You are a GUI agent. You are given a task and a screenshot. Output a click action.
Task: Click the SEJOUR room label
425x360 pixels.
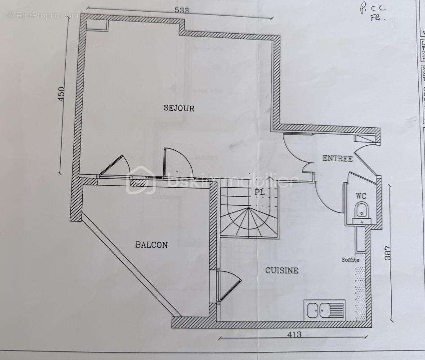[x=179, y=108]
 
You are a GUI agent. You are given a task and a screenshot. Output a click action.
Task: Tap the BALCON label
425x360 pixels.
[x=152, y=245]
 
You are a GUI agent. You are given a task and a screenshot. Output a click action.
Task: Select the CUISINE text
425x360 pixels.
[x=281, y=270]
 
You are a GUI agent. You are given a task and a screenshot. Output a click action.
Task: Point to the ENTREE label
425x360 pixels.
[x=337, y=158]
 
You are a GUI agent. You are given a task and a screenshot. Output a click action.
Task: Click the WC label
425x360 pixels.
[x=361, y=196]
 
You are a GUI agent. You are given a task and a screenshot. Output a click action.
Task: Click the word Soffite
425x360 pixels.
[x=350, y=260]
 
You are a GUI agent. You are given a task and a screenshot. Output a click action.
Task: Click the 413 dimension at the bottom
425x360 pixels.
[x=294, y=334]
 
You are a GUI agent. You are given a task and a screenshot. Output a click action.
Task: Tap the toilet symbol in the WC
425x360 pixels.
[x=361, y=210]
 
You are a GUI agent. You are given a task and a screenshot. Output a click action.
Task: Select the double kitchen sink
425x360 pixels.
[x=324, y=310]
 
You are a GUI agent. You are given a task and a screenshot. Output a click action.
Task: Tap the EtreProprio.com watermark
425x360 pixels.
[x=43, y=15]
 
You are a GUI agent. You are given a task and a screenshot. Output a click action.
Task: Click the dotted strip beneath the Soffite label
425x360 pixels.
[x=359, y=292]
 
